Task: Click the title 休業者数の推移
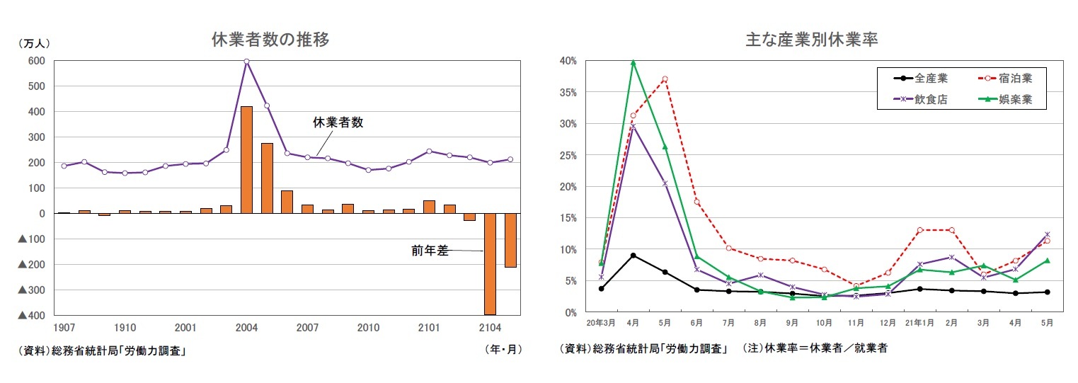click(x=270, y=40)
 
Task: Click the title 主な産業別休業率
click(x=811, y=40)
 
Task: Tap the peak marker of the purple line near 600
click(x=246, y=62)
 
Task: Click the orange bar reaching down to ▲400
click(x=490, y=263)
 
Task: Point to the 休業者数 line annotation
click(x=338, y=122)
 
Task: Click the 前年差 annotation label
click(x=430, y=251)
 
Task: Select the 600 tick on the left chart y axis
click(x=36, y=61)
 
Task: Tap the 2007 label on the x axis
click(x=307, y=328)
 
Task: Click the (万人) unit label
click(x=33, y=44)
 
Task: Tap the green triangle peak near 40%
click(x=633, y=62)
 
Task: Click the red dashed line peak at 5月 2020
click(x=665, y=79)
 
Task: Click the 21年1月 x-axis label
click(x=919, y=323)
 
